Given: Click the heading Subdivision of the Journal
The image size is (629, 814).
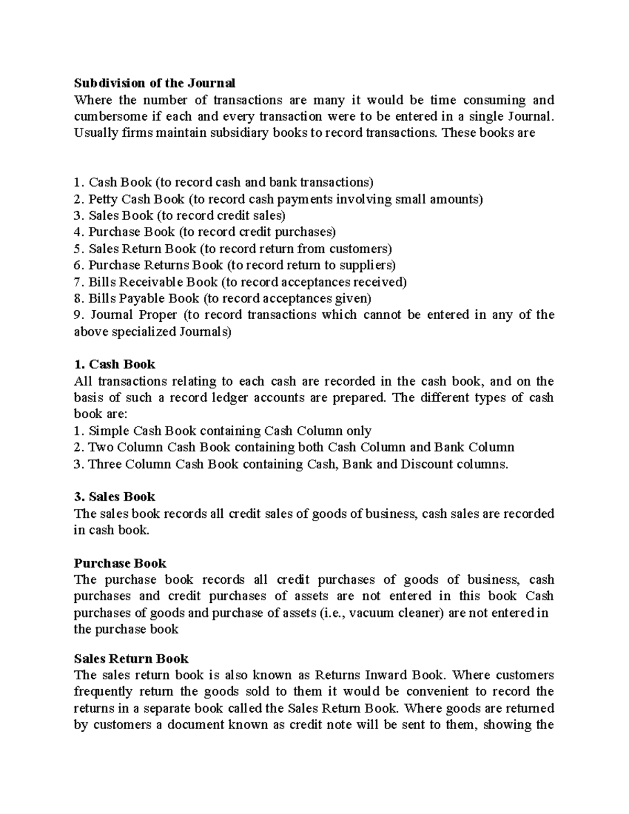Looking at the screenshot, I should click(x=155, y=83).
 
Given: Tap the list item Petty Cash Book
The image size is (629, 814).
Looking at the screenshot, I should click(x=136, y=199).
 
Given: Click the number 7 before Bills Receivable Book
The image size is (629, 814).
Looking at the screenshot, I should click(x=77, y=282).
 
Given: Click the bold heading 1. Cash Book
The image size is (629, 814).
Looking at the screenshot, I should click(x=114, y=364).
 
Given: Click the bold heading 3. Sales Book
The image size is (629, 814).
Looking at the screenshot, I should click(x=114, y=497).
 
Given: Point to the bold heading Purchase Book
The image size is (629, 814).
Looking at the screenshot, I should click(x=120, y=563).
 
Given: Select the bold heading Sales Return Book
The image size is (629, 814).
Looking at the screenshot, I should click(x=131, y=658).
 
